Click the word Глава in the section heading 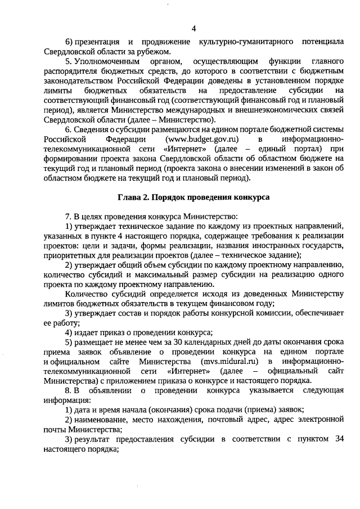pos(130,197)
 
